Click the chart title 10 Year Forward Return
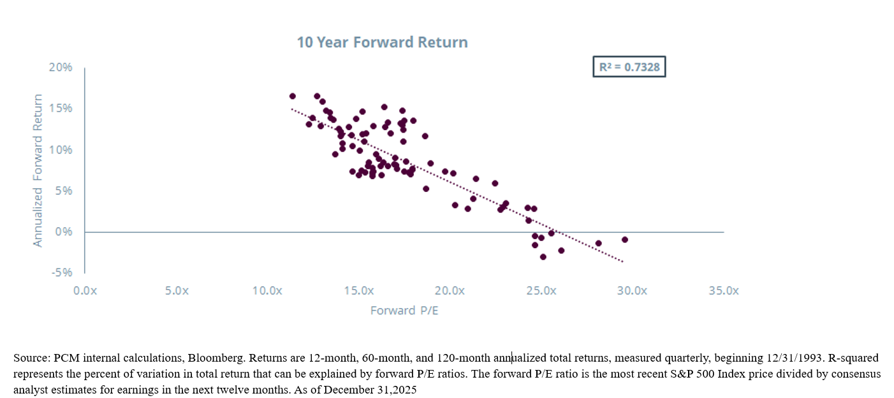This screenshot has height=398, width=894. tap(382, 43)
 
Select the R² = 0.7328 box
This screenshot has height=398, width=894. tap(629, 66)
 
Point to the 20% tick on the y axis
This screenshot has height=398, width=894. tap(62, 67)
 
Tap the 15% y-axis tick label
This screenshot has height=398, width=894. tap(62, 108)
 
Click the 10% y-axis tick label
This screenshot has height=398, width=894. tap(62, 149)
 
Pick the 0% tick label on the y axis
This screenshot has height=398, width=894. tap(64, 232)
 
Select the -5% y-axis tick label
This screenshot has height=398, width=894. tap(62, 272)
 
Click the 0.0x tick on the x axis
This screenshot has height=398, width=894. tap(85, 290)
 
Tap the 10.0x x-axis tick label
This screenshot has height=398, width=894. tap(267, 290)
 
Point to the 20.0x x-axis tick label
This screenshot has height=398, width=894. tap(450, 290)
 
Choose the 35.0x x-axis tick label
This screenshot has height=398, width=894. tap(723, 290)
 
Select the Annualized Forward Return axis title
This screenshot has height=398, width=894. tap(38, 170)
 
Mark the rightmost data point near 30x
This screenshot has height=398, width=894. tap(625, 240)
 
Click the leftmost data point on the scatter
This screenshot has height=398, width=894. tap(293, 96)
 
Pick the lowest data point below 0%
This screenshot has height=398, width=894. tap(543, 257)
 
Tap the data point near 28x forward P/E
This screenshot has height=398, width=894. tap(598, 243)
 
